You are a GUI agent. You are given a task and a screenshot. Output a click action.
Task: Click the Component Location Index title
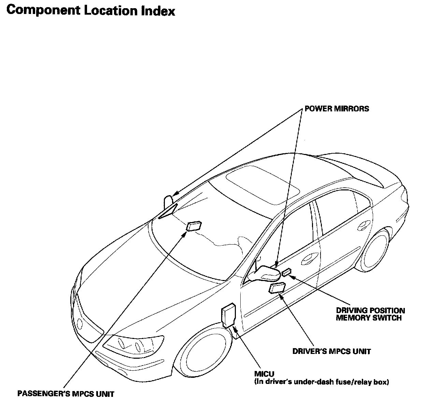(x=91, y=10)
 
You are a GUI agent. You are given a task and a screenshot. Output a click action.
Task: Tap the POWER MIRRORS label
(x=337, y=109)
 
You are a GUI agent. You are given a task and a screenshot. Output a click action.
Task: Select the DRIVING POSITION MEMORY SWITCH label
(x=370, y=314)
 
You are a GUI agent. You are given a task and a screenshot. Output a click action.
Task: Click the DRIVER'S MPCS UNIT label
(x=331, y=351)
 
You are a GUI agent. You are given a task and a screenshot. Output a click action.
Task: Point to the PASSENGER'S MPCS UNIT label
(x=66, y=394)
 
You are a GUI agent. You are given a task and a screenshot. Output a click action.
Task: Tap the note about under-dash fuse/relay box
(x=322, y=382)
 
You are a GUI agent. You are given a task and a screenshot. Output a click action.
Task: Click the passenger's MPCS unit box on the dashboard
(x=194, y=226)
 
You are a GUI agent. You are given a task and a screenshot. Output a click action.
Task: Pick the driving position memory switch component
(x=286, y=272)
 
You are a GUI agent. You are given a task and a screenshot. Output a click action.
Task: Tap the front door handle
(x=309, y=259)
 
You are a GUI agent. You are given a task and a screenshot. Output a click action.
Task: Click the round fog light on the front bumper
(x=81, y=323)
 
